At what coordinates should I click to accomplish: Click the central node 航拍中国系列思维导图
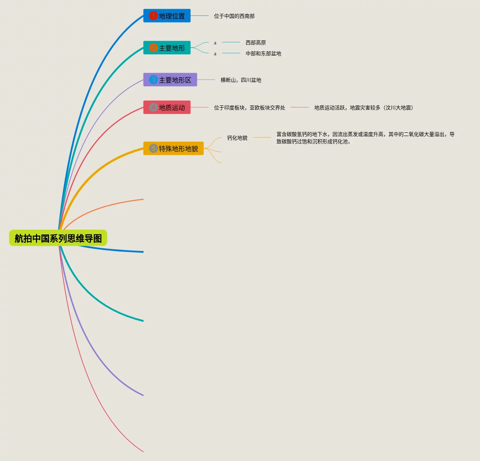click(x=58, y=238)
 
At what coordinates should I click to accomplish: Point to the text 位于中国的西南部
click(x=234, y=16)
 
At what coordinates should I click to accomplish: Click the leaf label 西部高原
click(x=255, y=43)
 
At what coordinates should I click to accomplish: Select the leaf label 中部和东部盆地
click(x=263, y=53)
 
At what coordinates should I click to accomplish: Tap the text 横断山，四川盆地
click(x=241, y=80)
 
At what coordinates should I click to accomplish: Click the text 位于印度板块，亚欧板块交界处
click(x=249, y=108)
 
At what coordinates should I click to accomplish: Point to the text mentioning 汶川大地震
click(x=363, y=108)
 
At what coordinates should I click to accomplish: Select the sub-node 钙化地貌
click(x=237, y=138)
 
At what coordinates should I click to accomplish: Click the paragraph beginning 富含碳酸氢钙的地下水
click(x=365, y=138)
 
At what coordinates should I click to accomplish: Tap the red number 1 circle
click(x=153, y=16)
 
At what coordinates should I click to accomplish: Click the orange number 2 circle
click(x=153, y=48)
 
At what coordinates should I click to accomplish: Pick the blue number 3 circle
click(x=153, y=80)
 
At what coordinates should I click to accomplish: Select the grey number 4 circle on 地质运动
click(x=153, y=108)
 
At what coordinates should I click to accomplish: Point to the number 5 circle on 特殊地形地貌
click(x=153, y=149)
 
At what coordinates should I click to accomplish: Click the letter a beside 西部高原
click(x=215, y=43)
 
